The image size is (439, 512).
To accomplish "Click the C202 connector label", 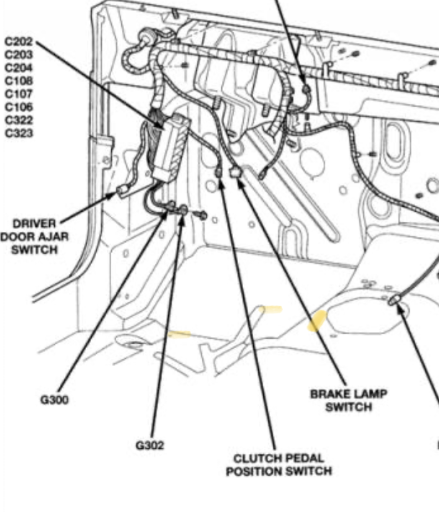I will pos(19,41).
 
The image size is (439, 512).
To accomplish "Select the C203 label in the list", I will pos(19,54).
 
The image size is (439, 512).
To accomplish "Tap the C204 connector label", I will pos(19,67).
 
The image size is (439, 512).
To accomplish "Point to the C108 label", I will pos(19,81).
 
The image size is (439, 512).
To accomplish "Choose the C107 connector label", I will pos(19,94).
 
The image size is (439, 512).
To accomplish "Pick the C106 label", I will pos(19,107).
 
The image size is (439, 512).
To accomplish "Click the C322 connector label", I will pos(19,120).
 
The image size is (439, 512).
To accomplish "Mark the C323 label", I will pos(19,133).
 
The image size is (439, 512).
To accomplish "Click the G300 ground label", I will pos(54,400).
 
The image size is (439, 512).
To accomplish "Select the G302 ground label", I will pos(150,445).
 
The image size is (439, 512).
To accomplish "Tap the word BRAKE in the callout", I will pos(329,394).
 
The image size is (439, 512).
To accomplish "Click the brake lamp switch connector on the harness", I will pos(236,172).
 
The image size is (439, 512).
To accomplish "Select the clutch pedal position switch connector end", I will pos(218,172).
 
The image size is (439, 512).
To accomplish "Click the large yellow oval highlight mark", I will pos(317,321).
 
